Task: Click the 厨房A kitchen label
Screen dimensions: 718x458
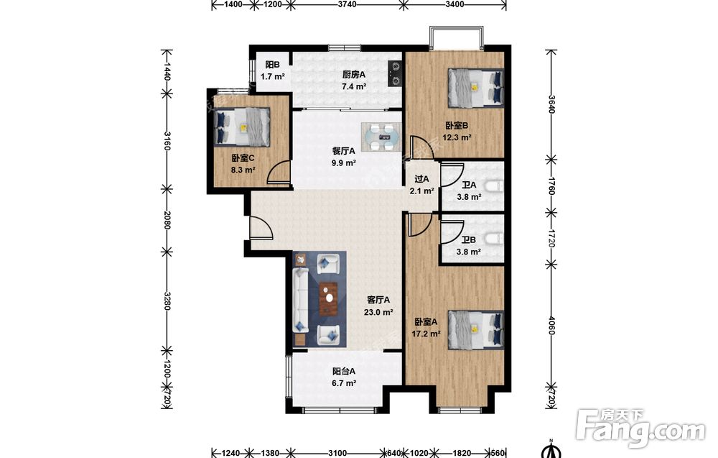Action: pos(354,74)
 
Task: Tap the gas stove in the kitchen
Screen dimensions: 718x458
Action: pos(395,74)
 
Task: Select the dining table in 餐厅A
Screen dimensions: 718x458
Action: pos(381,137)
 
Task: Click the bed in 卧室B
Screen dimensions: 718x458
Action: pos(476,87)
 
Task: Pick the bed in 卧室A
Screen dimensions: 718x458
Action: pos(476,330)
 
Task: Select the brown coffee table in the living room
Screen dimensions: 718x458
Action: pos(329,299)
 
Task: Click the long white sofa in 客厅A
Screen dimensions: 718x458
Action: pos(300,301)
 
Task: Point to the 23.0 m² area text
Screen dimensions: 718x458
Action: pos(378,313)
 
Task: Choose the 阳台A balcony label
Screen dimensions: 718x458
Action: pos(344,371)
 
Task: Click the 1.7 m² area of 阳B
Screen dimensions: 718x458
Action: pos(273,76)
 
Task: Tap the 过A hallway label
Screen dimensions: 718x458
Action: pos(421,179)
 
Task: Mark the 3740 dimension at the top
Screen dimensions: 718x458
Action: pos(347,4)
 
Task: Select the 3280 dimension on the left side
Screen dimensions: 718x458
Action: pos(167,301)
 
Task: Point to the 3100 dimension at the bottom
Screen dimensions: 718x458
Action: pos(337,454)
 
